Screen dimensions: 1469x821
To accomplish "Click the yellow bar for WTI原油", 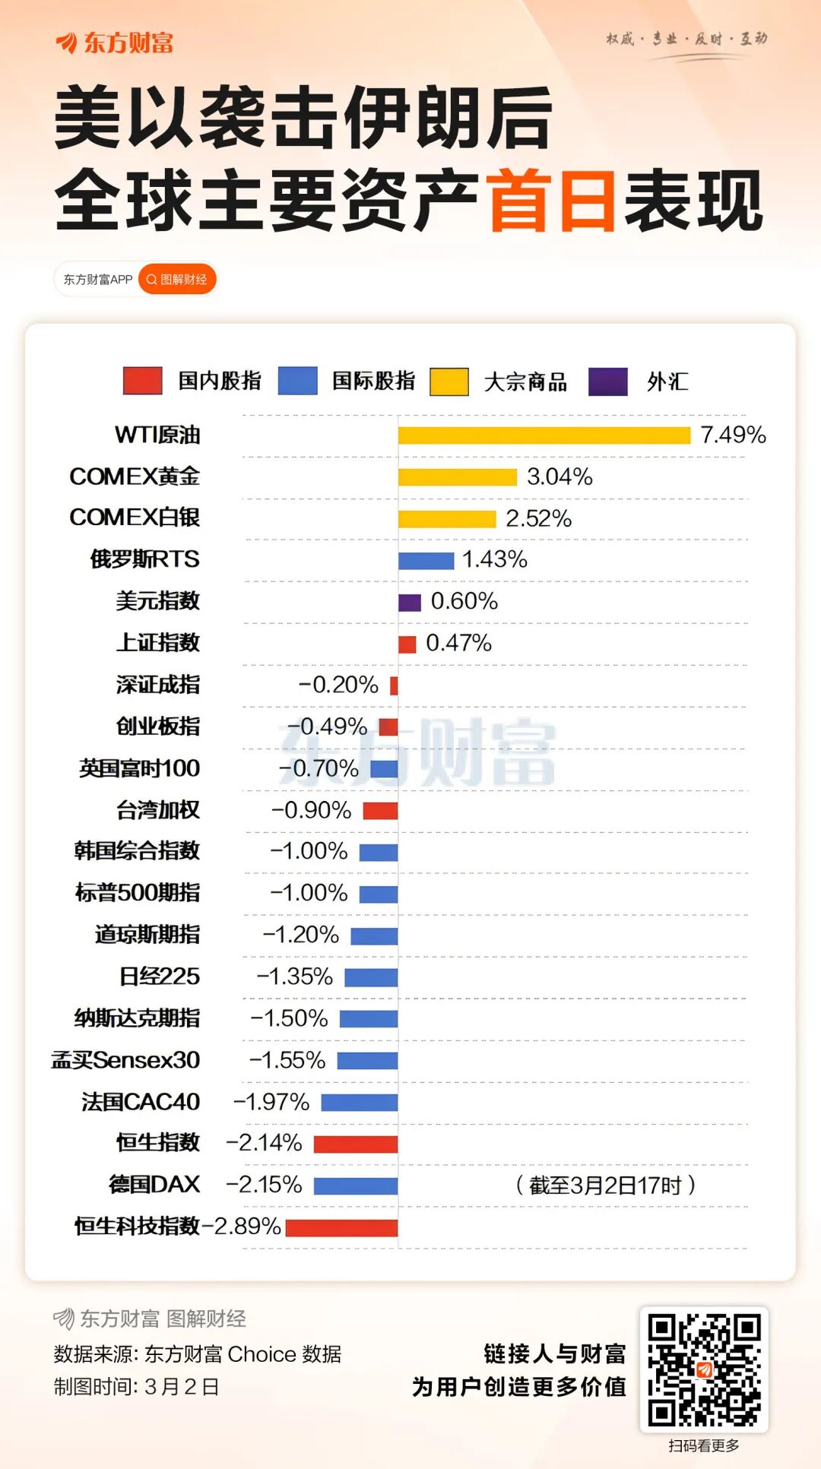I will (544, 435).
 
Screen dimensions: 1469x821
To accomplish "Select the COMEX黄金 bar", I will (457, 477).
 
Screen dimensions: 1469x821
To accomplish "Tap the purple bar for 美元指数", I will (409, 603).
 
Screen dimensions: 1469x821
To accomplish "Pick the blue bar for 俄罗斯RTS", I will (426, 561).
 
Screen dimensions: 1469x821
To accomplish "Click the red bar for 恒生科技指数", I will (341, 1227).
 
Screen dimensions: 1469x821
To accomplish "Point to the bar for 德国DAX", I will (355, 1186).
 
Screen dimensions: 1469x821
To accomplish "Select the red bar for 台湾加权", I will (380, 811).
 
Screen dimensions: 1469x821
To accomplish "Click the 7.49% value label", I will (733, 435).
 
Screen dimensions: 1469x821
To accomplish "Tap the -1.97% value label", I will (271, 1102).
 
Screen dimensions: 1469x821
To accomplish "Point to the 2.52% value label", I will (538, 518).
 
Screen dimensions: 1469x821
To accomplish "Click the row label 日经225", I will (160, 977).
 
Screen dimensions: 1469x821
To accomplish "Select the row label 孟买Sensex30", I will (125, 1060).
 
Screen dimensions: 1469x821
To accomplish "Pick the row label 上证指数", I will (158, 643).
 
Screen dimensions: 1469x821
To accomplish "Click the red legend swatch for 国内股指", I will (143, 381).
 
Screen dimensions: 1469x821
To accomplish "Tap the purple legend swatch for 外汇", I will (608, 381).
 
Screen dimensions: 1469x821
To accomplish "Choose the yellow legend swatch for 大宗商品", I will (449, 381).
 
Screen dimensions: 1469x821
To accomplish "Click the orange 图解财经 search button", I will (177, 280).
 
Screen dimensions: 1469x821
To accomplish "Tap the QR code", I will (704, 1369).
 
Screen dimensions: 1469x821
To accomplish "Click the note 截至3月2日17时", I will (605, 1185).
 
